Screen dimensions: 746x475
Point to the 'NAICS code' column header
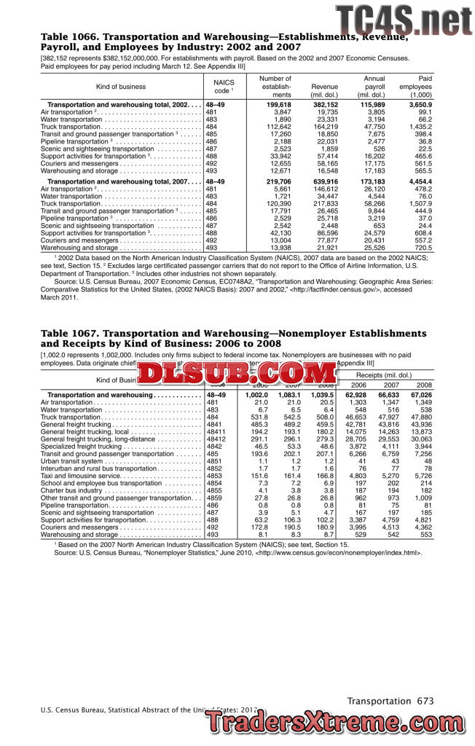pyautogui.click(x=224, y=87)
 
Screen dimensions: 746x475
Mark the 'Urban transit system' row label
pyautogui.click(x=71, y=461)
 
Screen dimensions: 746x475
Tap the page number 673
pyautogui.click(x=425, y=701)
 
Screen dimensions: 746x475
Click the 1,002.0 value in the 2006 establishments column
pyautogui.click(x=256, y=394)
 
